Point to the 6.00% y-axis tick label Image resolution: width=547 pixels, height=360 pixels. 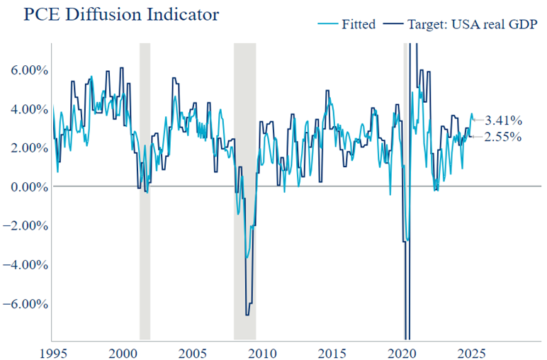pyautogui.click(x=26, y=70)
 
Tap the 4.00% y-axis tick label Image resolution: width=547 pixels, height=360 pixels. pyautogui.click(x=26, y=109)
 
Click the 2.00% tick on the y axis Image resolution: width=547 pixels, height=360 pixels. pyautogui.click(x=26, y=148)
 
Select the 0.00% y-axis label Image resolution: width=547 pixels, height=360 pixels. pyautogui.click(x=26, y=187)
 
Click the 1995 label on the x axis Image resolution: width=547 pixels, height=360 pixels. pyautogui.click(x=53, y=352)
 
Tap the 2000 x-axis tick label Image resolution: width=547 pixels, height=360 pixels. pyautogui.click(x=123, y=352)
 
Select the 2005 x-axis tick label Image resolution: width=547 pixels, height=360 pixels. pyautogui.click(x=193, y=352)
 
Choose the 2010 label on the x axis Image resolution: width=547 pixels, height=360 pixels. pyautogui.click(x=263, y=352)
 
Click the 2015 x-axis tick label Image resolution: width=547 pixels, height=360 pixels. pyautogui.click(x=333, y=352)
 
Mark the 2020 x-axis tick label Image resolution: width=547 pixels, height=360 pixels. pyautogui.click(x=403, y=352)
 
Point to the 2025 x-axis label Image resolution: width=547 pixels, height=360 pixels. pyautogui.click(x=473, y=352)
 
